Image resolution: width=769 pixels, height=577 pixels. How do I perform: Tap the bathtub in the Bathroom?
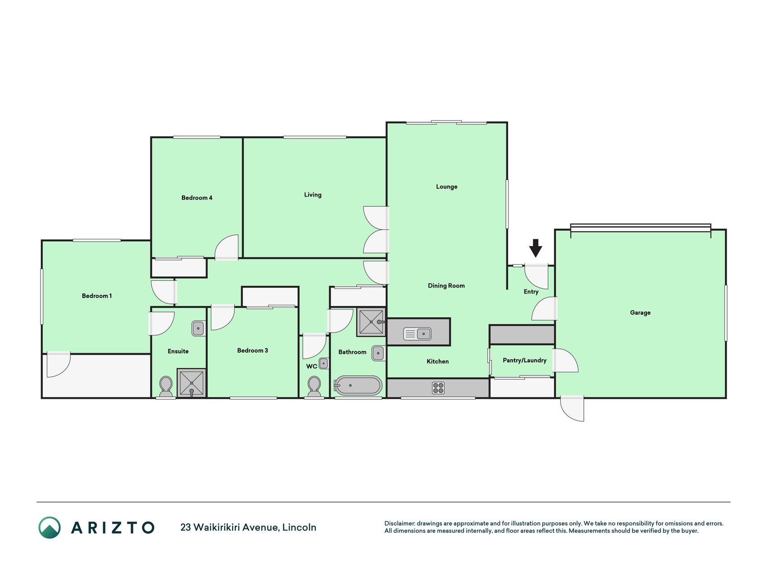[358, 385]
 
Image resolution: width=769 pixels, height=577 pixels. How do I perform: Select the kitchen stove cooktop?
[438, 388]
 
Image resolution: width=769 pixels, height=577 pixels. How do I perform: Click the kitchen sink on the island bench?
[418, 334]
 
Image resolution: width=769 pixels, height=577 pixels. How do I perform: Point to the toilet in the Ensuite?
[166, 387]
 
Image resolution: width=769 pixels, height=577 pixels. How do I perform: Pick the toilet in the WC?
[314, 387]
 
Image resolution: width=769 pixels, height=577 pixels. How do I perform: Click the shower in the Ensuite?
[191, 383]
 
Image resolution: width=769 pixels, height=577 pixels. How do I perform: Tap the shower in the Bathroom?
[371, 322]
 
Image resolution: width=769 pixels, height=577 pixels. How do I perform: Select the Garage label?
[640, 312]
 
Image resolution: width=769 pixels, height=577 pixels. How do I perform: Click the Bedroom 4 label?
[197, 197]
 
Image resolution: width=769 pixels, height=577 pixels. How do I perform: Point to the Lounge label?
[446, 187]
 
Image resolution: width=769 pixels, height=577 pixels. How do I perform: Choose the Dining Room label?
[446, 285]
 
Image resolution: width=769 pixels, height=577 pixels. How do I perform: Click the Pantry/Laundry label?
[524, 360]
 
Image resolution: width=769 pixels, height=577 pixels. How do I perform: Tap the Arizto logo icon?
[50, 527]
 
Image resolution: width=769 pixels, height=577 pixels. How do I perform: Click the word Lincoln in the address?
[299, 527]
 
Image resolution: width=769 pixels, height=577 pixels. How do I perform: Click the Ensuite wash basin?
[198, 328]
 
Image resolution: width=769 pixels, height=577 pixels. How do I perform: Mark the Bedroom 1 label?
[97, 296]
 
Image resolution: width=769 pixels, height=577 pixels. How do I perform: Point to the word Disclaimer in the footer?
[400, 523]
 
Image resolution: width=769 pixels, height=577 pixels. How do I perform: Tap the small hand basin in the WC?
[323, 363]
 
